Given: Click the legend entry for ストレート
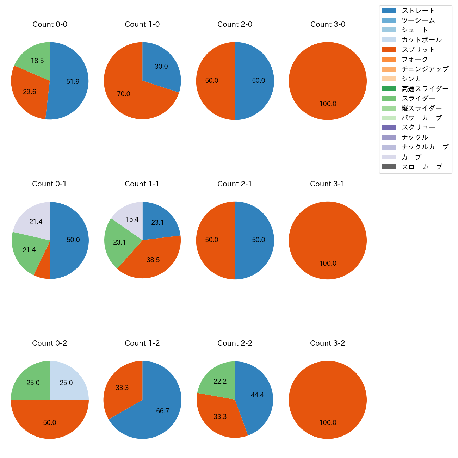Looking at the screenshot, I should pyautogui.click(x=418, y=11).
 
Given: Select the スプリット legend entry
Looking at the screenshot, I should pyautogui.click(x=418, y=50).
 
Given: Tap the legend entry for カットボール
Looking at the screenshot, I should pyautogui.click(x=421, y=40).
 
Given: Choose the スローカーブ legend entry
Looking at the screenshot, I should pyautogui.click(x=422, y=167).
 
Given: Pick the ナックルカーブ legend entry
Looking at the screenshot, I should pyautogui.click(x=425, y=147).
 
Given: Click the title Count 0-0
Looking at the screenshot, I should pyautogui.click(x=50, y=24).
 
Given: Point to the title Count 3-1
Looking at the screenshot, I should pyautogui.click(x=327, y=184).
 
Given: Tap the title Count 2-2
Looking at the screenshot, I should pyautogui.click(x=235, y=343).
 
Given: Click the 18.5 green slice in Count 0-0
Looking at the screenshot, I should pyautogui.click(x=35, y=58).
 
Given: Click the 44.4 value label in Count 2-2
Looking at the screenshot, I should pyautogui.click(x=257, y=395).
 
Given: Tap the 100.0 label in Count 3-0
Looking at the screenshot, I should pyautogui.click(x=328, y=104).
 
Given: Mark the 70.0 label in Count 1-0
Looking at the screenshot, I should pyautogui.click(x=124, y=94).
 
